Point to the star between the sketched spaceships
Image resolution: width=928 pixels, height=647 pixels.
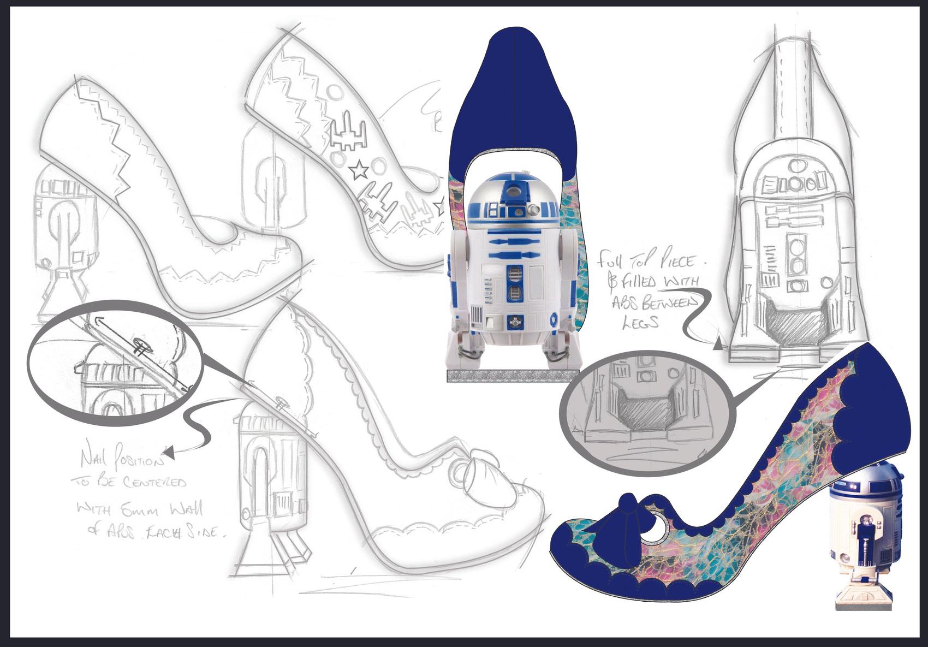(358, 172)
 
